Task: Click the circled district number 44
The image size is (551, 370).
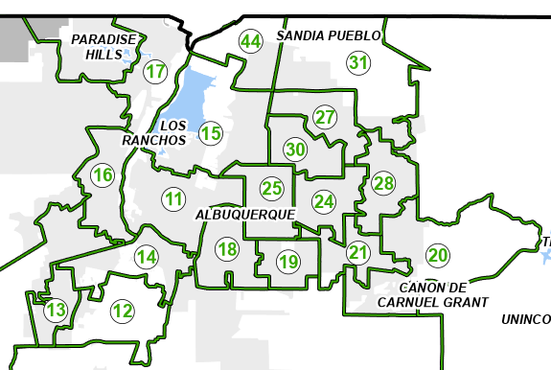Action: [251, 41]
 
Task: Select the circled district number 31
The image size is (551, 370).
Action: [358, 63]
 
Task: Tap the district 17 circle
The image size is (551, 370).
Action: [155, 71]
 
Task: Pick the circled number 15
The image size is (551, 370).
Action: [211, 132]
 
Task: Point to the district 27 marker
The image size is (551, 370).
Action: [326, 118]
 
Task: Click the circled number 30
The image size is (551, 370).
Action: [295, 150]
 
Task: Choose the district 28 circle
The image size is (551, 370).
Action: [383, 183]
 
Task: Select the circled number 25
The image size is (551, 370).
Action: [272, 188]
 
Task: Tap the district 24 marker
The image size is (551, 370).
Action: [324, 201]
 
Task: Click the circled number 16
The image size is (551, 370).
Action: [102, 174]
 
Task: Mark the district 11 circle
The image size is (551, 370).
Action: [172, 199]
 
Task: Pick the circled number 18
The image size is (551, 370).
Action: [227, 250]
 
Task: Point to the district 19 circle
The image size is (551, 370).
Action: [288, 260]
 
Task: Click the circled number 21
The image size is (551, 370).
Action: [358, 253]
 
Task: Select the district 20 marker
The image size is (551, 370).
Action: [437, 255]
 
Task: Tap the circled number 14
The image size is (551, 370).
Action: [146, 256]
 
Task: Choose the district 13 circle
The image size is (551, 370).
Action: [57, 310]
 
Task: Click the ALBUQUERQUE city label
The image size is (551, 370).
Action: [244, 215]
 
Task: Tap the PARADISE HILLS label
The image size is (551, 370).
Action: [105, 46]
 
